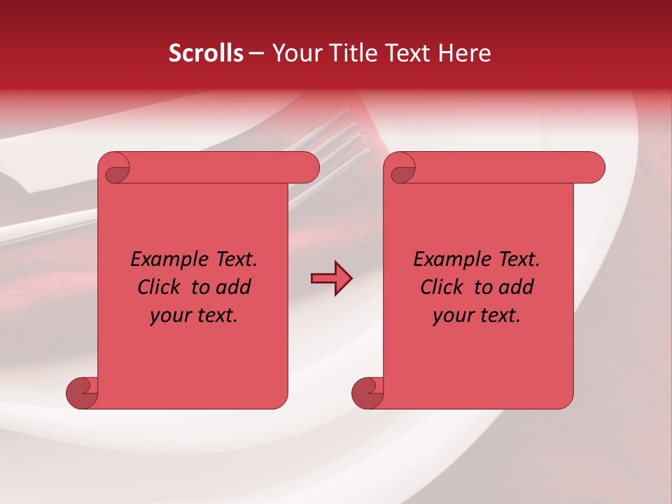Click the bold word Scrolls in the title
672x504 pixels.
(x=206, y=53)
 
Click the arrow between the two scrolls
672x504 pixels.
(x=331, y=278)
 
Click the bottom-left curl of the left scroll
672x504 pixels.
(x=81, y=393)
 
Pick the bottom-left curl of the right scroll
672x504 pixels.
(x=367, y=393)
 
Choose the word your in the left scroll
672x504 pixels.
(x=169, y=316)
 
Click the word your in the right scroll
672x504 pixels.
(x=451, y=316)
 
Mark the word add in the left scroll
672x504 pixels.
(x=233, y=288)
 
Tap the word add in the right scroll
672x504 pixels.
(x=516, y=288)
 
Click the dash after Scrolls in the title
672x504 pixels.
(x=256, y=53)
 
